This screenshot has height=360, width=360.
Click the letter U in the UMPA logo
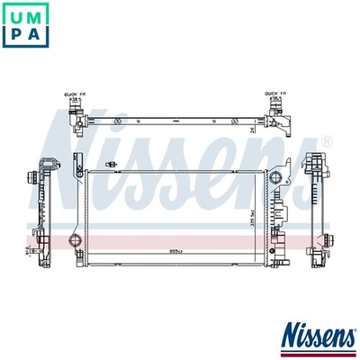point(15,16)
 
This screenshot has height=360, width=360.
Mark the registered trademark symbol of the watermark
point(326,141)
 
